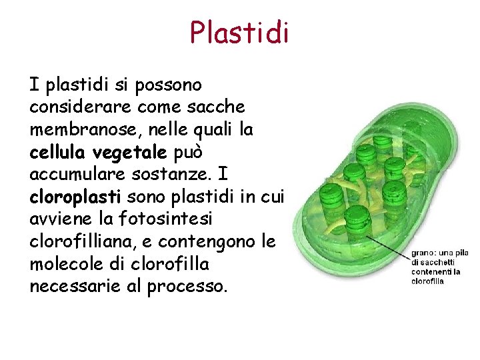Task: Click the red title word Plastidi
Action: (x=239, y=32)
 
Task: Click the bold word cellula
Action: (x=59, y=151)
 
